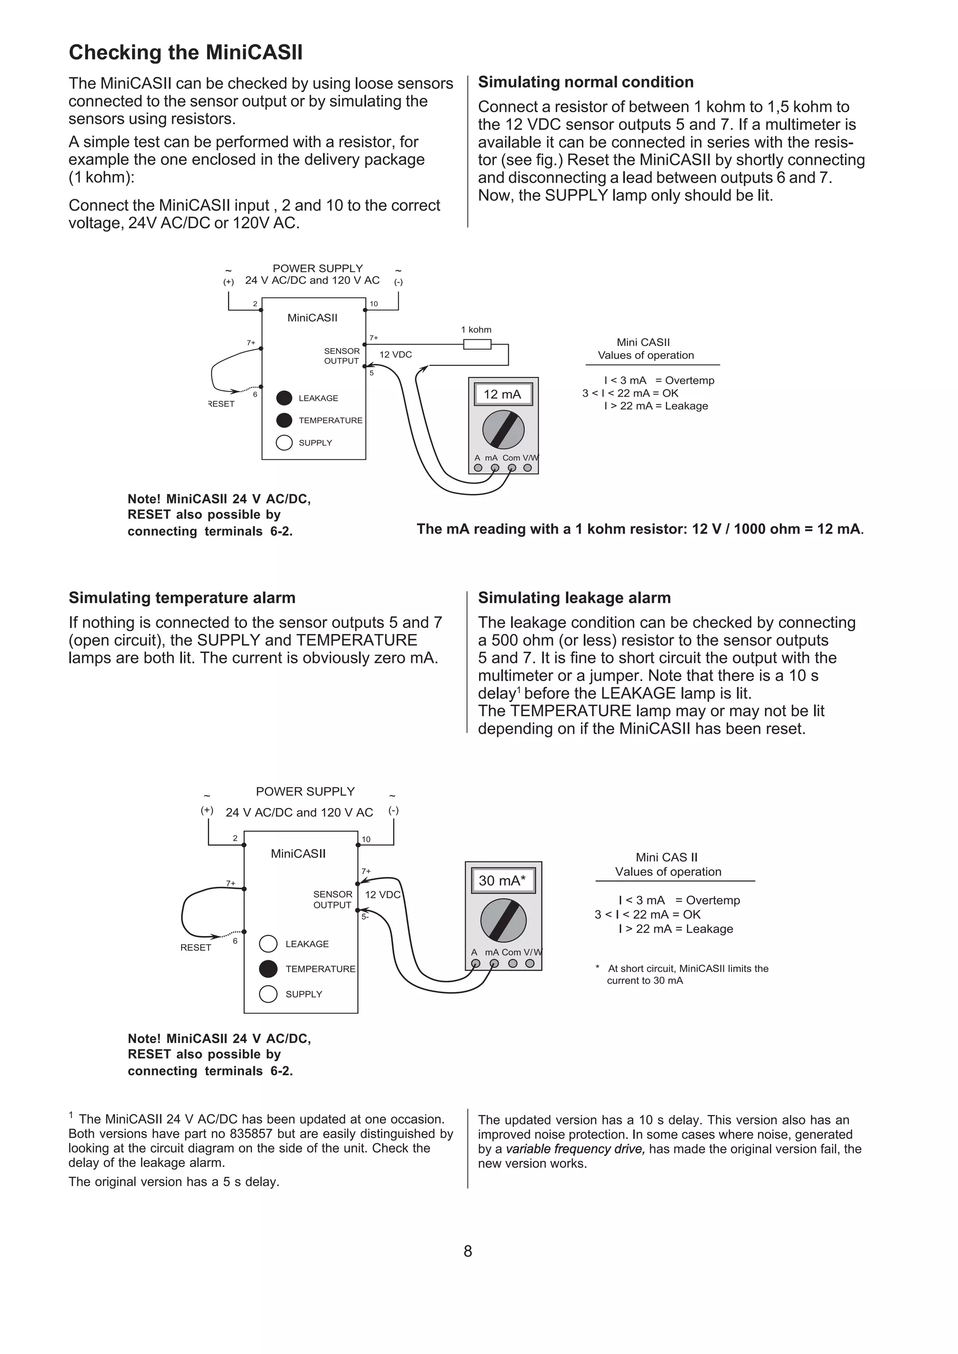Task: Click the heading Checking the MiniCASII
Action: [185, 52]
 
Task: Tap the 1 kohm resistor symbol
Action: [477, 344]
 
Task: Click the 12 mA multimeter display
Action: [502, 395]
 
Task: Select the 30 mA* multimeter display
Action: [502, 880]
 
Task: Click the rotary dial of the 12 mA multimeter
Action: [503, 430]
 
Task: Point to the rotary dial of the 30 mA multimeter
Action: [503, 920]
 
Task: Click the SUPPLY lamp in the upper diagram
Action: [284, 442]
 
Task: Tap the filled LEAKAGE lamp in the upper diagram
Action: [284, 397]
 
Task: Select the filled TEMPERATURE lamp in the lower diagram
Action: [268, 968]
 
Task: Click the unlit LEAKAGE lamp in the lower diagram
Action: [268, 943]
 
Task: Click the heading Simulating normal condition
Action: [585, 82]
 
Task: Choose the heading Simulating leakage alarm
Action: [574, 598]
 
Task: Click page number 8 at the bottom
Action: [468, 1251]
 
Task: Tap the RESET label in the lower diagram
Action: [195, 947]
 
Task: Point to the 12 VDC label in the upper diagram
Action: [395, 354]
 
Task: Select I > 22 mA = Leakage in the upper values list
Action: [655, 406]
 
